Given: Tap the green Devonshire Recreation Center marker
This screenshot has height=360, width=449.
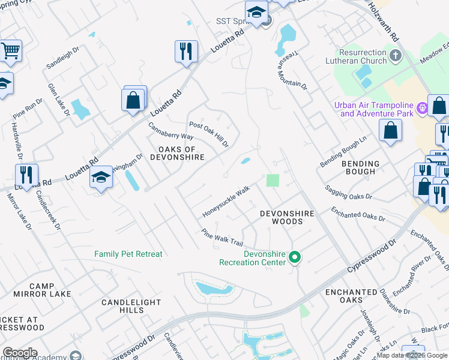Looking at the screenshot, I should point(294,257).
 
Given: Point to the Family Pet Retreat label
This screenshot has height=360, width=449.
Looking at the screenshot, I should point(128,254).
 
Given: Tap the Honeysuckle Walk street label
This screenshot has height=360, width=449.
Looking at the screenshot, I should point(226,202).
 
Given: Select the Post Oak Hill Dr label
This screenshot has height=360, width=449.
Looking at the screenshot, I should point(209,134).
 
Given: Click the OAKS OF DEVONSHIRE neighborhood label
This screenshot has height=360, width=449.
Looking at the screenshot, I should point(181,153).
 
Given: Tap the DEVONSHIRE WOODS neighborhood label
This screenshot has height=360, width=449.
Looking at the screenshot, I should point(281,217).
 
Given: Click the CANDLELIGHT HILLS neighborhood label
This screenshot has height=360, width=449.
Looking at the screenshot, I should point(122,306).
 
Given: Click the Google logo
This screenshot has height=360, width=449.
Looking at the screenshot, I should point(19,353).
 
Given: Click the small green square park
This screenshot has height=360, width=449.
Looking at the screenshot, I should point(273,181).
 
